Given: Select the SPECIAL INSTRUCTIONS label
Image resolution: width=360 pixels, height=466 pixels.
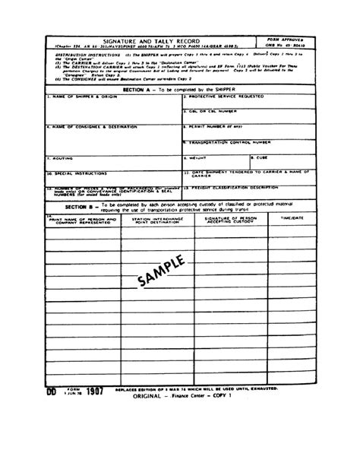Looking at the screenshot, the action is pos(76,172).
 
